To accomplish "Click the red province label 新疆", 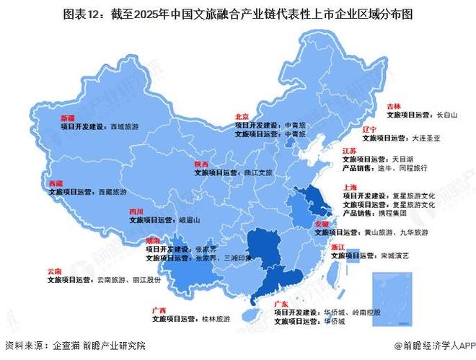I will pyautogui.click(x=67, y=117).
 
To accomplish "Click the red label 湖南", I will pyautogui.click(x=154, y=240).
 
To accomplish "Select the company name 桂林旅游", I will pyautogui.click(x=216, y=318).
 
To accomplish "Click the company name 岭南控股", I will pyautogui.click(x=367, y=313).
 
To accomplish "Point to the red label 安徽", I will pyautogui.click(x=322, y=225).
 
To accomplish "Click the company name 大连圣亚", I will pyautogui.click(x=425, y=136).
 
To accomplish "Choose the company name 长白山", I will pyautogui.click(x=446, y=114).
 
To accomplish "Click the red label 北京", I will pyautogui.click(x=242, y=117).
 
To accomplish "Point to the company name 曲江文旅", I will pyautogui.click(x=257, y=173).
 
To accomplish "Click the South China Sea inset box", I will pyautogui.click(x=390, y=294).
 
